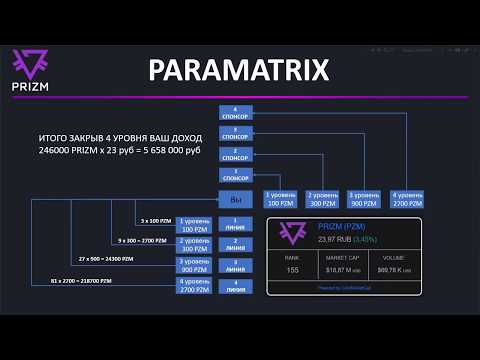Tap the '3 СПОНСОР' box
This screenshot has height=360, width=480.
237,132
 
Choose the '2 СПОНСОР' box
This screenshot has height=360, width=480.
237,154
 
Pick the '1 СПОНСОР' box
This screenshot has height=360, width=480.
237,175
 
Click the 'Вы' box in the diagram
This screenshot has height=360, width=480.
237,198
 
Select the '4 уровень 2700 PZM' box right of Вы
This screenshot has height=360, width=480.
410,198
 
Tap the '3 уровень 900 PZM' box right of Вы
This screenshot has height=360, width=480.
367,198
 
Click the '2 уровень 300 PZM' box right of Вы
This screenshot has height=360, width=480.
324,198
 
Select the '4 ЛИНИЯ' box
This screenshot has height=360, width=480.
237,286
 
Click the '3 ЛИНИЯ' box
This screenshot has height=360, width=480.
237,264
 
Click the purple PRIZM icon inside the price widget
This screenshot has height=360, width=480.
291,233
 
